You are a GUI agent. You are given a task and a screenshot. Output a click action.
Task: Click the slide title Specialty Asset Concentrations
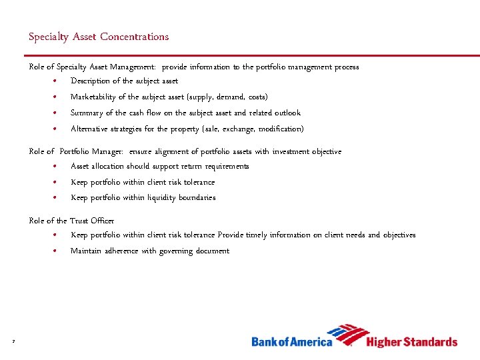(99, 37)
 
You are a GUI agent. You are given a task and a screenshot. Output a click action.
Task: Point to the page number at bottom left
(13, 342)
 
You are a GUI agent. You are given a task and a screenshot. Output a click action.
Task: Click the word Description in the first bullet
(90, 81)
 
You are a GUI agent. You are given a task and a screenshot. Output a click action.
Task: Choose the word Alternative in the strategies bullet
(91, 129)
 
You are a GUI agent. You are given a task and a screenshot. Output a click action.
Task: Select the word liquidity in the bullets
(155, 197)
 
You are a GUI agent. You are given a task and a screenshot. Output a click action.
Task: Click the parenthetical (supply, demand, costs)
(229, 97)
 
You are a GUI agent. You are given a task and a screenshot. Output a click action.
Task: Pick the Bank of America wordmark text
(291, 342)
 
